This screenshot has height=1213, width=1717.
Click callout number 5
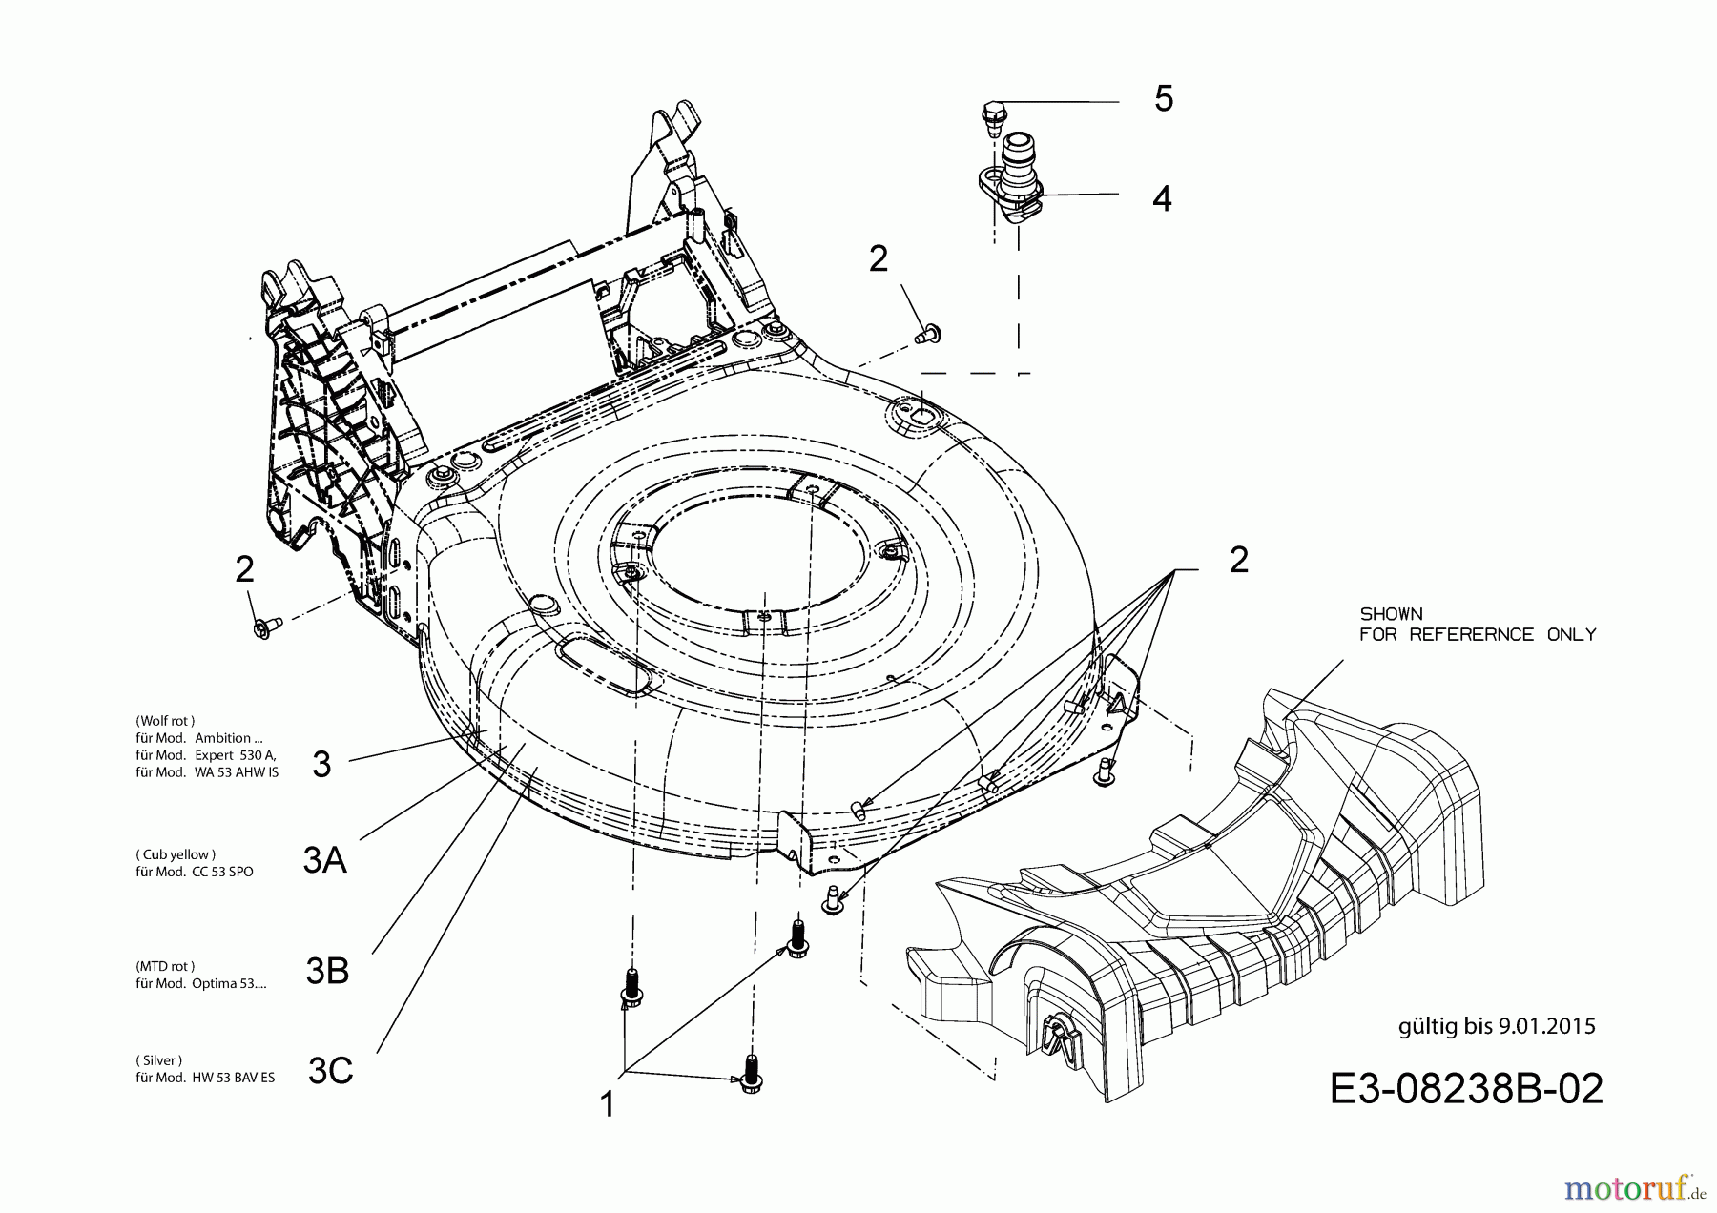[x=1163, y=99]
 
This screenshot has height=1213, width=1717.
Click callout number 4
[x=1161, y=199]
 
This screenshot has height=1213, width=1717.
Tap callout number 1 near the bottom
[x=608, y=1105]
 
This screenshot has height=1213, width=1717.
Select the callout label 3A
[x=324, y=861]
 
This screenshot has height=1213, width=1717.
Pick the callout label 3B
[x=327, y=972]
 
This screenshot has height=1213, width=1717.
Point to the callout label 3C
[x=330, y=1072]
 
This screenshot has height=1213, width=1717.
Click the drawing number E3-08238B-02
[x=1466, y=1089]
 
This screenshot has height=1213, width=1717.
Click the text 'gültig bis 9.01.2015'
[x=1497, y=1027]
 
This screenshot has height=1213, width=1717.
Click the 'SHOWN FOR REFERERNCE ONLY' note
[x=1477, y=625]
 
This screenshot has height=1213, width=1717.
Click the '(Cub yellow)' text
[x=176, y=854]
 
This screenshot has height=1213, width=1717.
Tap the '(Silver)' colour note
[x=158, y=1060]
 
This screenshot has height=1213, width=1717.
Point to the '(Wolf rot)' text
[x=165, y=721]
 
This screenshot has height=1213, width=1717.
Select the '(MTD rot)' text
[x=165, y=966]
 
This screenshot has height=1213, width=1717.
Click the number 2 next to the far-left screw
[x=244, y=570]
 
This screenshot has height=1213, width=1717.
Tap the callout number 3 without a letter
[x=321, y=764]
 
